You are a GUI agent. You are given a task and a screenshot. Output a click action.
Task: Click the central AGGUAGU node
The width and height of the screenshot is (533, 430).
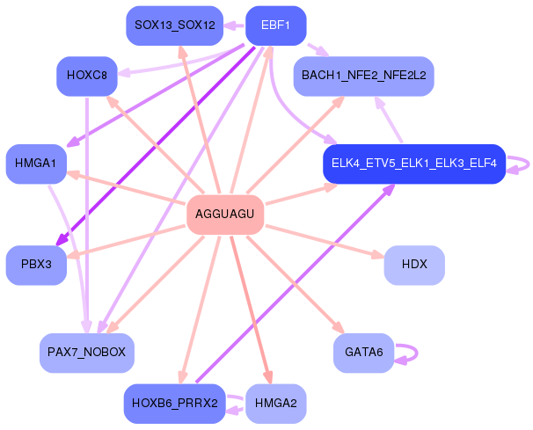pyautogui.click(x=225, y=215)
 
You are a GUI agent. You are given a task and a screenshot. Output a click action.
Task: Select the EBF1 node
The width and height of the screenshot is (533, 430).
pyautogui.click(x=275, y=26)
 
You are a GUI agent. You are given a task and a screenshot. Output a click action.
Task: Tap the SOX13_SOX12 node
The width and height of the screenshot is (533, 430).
pyautogui.click(x=175, y=26)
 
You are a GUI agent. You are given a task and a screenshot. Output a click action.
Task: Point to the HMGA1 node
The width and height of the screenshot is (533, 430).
pyautogui.click(x=36, y=164)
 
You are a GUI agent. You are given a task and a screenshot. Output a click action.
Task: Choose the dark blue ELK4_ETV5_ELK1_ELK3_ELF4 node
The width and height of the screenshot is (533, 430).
pyautogui.click(x=414, y=164)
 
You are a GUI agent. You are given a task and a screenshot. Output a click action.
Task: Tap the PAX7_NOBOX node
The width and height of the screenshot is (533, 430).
pyautogui.click(x=87, y=353)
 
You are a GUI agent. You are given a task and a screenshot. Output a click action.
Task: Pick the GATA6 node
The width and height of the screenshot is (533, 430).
pyautogui.click(x=364, y=353)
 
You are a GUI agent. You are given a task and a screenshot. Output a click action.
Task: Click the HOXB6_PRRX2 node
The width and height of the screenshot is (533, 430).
pyautogui.click(x=175, y=404)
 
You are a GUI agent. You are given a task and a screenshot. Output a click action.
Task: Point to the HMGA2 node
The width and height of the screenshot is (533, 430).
pyautogui.click(x=275, y=404)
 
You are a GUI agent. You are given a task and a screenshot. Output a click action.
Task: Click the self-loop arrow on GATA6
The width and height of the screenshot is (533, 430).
pyautogui.click(x=417, y=353)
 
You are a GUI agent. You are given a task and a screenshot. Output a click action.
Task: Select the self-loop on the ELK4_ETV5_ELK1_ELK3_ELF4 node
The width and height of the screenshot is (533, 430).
pyautogui.click(x=529, y=164)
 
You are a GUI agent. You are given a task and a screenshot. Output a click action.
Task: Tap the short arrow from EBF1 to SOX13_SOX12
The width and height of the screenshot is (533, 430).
pyautogui.click(x=234, y=26)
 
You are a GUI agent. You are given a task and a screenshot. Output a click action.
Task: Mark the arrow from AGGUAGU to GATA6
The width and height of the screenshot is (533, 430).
pyautogui.click(x=296, y=285)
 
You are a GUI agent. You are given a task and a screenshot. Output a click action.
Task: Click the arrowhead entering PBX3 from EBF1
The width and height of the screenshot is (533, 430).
pyautogui.click(x=61, y=239)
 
